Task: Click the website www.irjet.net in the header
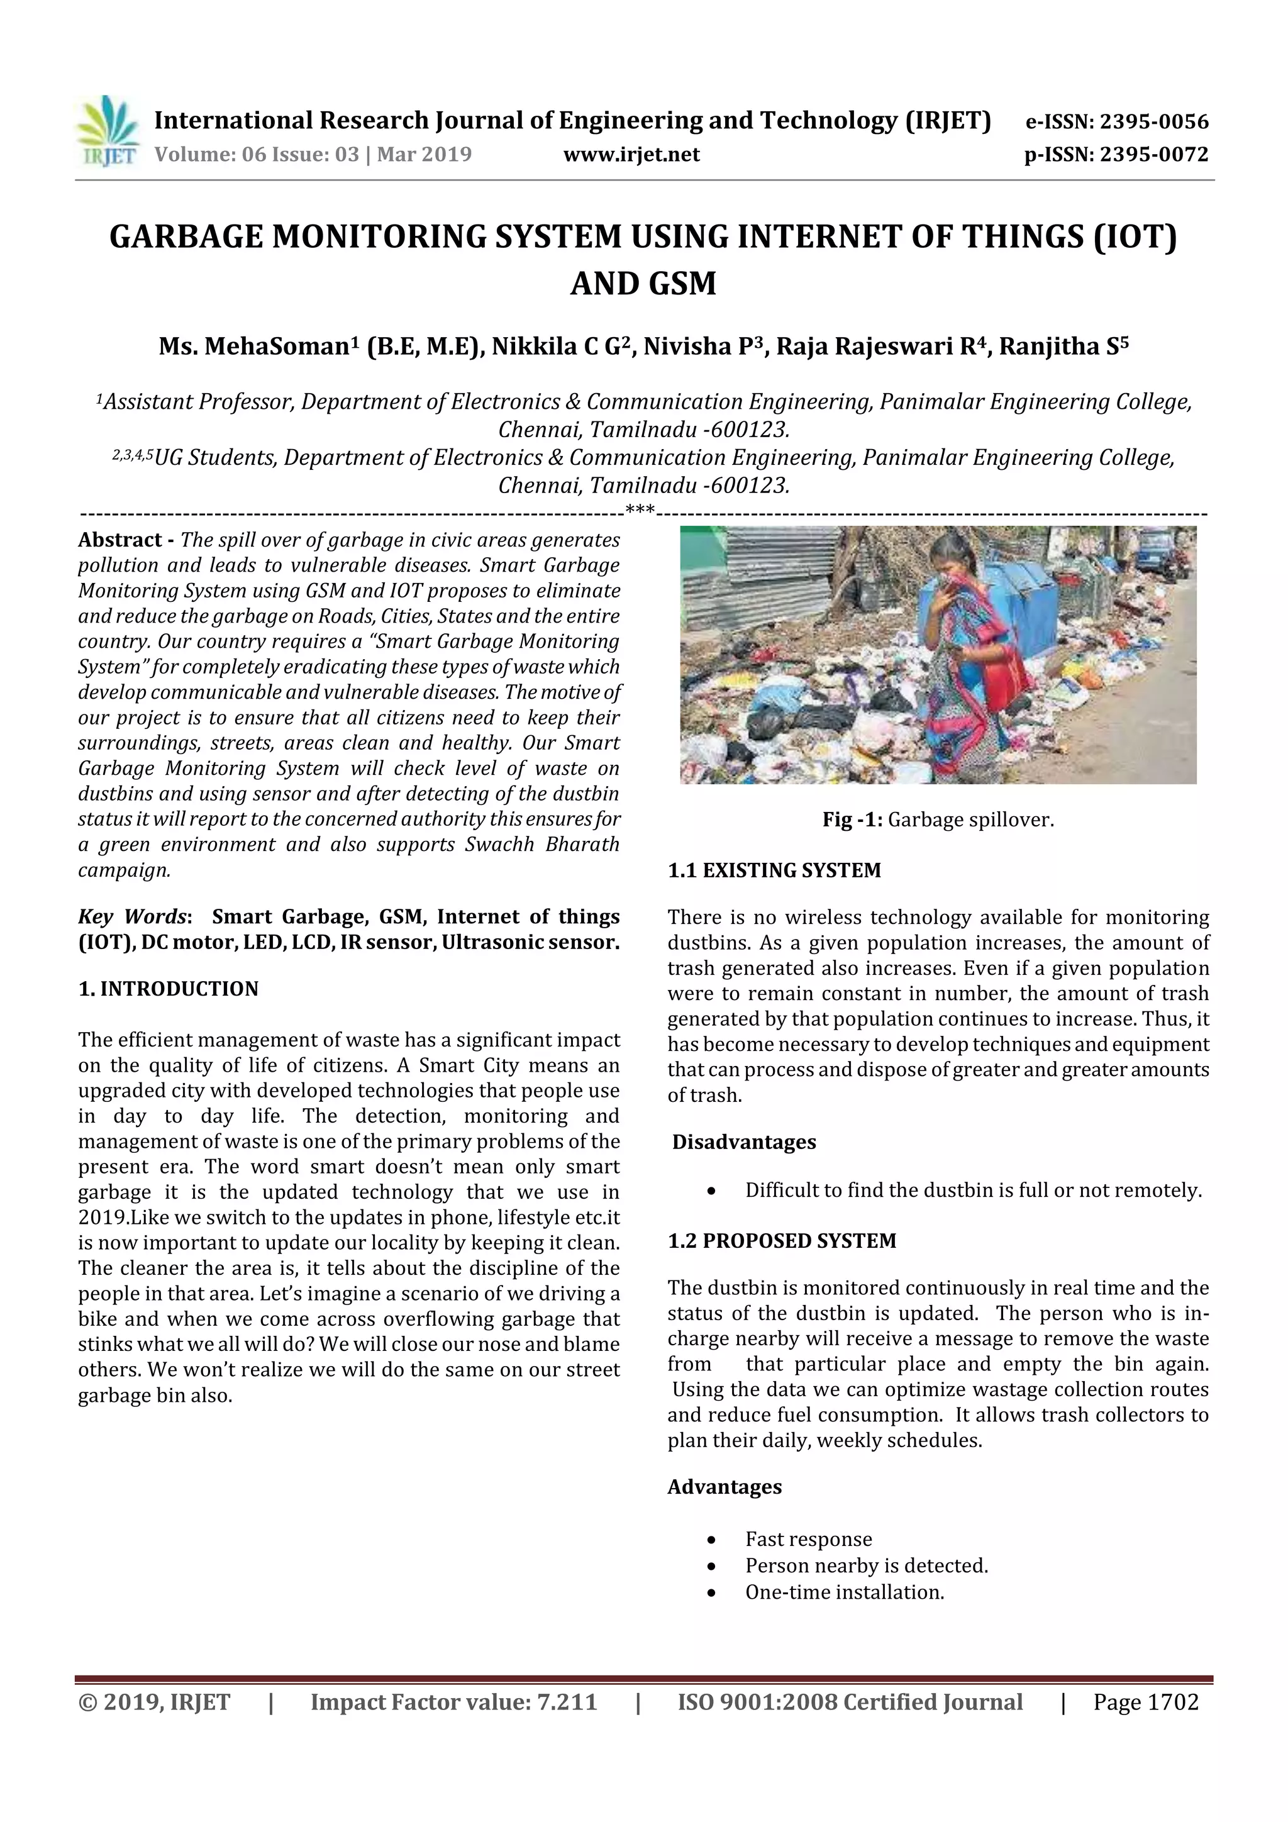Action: (x=631, y=155)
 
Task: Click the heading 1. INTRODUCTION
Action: (x=169, y=989)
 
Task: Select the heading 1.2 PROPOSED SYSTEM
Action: (x=782, y=1241)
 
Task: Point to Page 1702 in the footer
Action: (x=1145, y=1702)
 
